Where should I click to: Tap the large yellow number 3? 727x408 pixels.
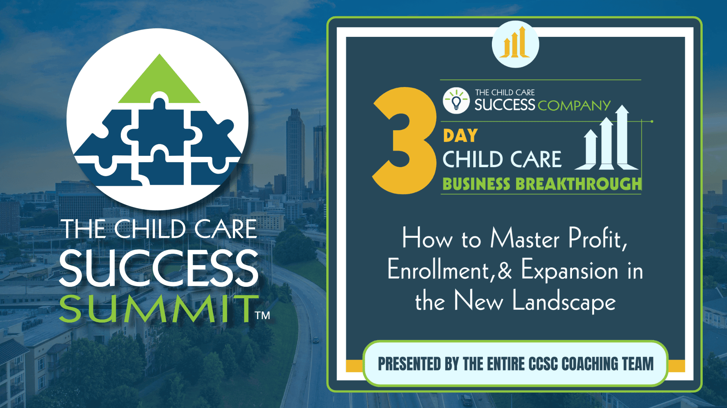pos(405,141)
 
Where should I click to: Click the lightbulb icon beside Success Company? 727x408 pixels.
pos(456,101)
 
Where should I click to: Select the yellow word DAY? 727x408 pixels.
pos(460,136)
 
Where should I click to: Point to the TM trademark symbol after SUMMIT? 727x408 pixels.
pos(262,315)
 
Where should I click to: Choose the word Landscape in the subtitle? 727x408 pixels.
pos(564,302)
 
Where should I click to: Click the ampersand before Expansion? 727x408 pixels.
pos(505,270)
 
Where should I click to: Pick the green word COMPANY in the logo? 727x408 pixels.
pos(574,106)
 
